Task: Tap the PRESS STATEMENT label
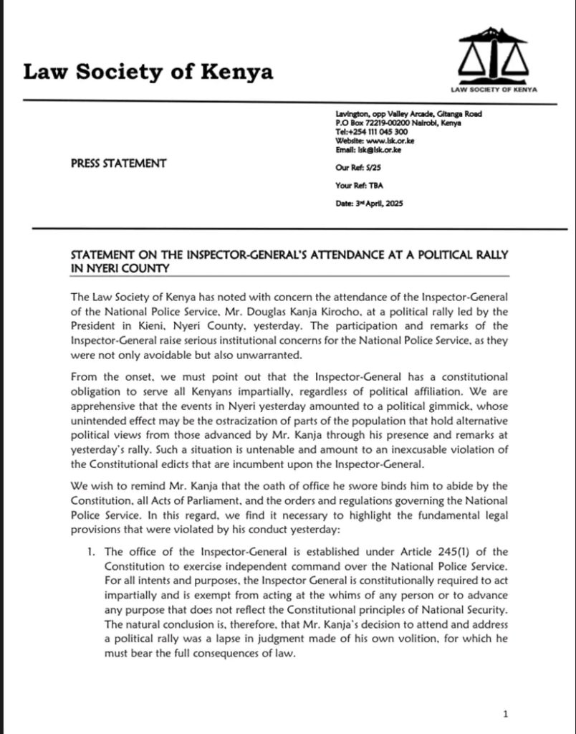(118, 163)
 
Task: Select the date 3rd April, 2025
(370, 204)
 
